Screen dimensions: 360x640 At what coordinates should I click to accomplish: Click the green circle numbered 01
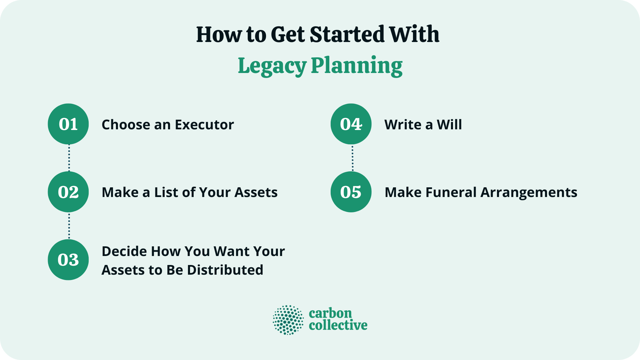point(68,124)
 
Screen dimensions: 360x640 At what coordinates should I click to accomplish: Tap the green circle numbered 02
point(68,192)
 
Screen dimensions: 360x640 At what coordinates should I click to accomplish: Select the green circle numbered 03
point(68,260)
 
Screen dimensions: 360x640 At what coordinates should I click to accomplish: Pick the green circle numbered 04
point(351,124)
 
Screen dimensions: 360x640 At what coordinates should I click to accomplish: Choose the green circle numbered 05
point(351,192)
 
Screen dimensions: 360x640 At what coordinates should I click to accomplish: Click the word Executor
point(204,125)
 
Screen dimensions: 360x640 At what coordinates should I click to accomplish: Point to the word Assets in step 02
point(256,192)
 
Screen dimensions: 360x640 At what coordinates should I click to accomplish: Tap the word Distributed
point(225,270)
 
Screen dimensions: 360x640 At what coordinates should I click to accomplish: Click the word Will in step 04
point(449,125)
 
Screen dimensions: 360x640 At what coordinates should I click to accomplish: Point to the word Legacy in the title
point(272,66)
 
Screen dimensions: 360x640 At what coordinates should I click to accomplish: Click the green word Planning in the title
point(357,66)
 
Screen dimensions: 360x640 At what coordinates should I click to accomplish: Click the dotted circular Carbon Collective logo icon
point(288,320)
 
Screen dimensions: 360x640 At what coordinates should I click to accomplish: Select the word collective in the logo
point(338,325)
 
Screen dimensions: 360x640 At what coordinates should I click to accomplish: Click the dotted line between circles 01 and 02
point(69,158)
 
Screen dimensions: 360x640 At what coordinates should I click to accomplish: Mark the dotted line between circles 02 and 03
point(69,226)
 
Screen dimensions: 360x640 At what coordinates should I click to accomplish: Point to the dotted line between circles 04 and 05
point(352,158)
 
